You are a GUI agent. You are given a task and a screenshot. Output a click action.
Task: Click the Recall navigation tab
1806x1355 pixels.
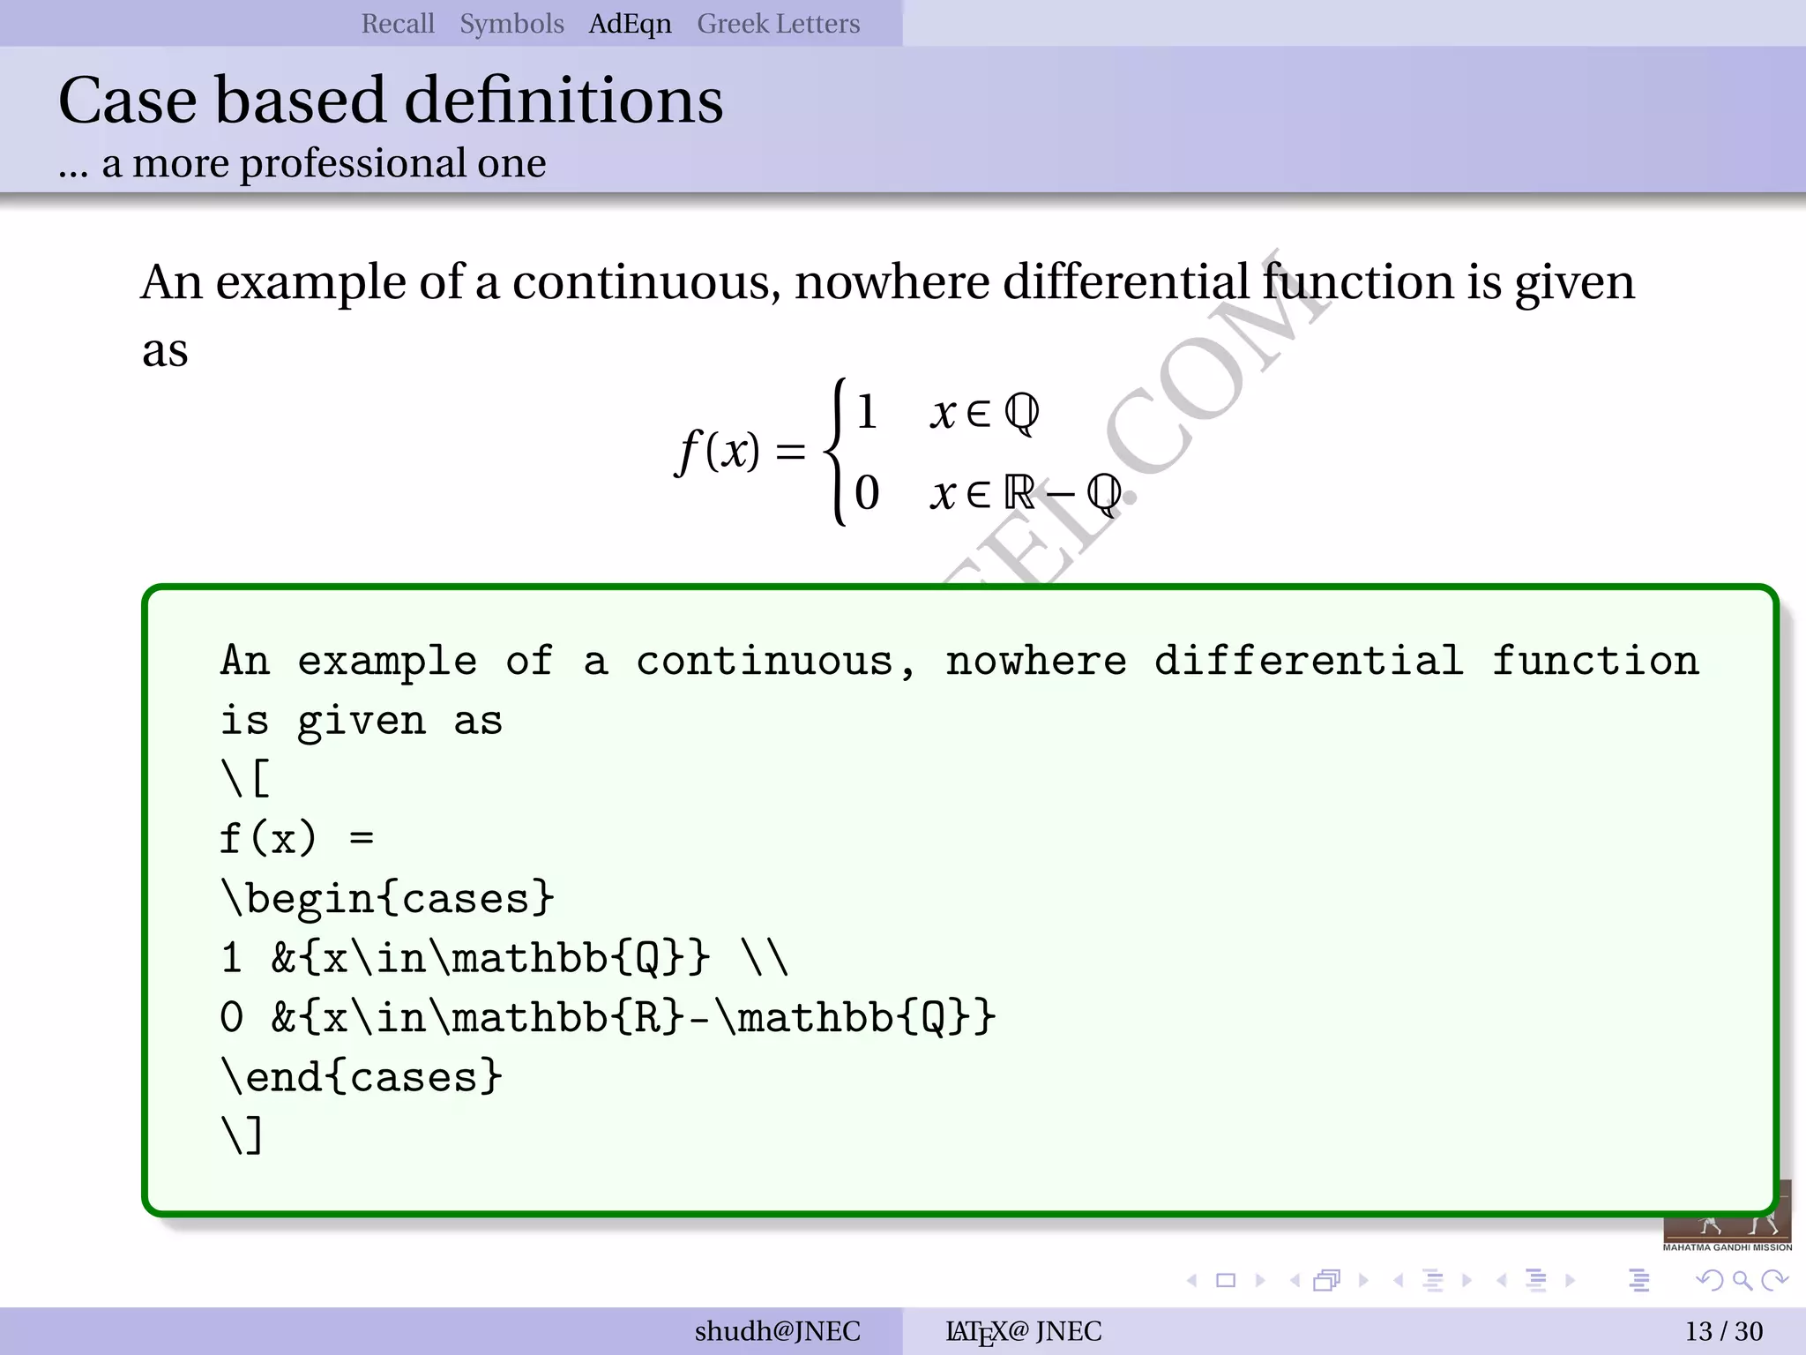[x=398, y=24]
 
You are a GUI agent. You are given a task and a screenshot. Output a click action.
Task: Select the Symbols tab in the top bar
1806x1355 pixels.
[x=511, y=24]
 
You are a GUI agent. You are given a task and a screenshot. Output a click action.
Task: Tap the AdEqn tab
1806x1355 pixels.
[x=630, y=24]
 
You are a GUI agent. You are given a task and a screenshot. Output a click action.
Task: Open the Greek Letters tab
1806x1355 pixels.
[x=778, y=24]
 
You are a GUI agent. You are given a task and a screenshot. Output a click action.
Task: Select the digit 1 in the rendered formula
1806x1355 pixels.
[x=867, y=412]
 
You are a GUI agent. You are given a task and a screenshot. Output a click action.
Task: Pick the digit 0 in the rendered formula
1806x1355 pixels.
[x=867, y=492]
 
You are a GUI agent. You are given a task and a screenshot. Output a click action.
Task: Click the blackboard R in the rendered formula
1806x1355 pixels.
[x=1019, y=492]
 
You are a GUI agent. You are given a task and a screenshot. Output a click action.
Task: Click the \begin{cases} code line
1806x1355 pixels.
[x=387, y=899]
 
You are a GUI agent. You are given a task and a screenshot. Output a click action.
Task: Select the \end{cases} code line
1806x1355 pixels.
[x=362, y=1077]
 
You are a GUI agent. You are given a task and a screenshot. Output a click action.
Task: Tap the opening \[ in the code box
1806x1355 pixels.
[x=245, y=779]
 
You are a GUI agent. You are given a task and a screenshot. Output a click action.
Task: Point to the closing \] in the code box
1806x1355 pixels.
[x=243, y=1136]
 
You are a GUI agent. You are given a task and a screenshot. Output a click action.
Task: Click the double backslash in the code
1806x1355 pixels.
[x=765, y=958]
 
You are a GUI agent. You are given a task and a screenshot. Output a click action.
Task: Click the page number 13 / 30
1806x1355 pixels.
[x=1724, y=1331]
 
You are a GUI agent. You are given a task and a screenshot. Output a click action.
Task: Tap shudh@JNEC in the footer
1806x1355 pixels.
[x=777, y=1331]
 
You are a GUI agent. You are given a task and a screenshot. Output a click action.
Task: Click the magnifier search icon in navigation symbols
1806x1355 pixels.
[x=1742, y=1280]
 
